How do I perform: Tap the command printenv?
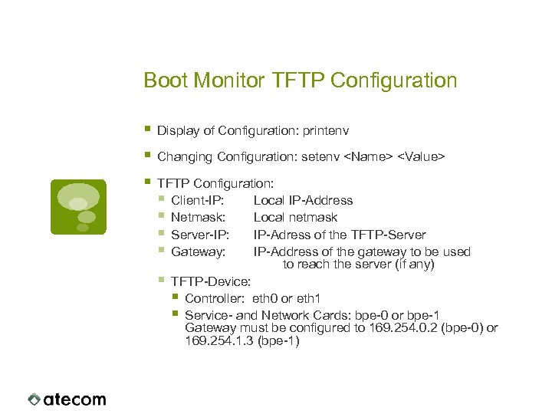pos(327,132)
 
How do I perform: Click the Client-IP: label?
pos(198,201)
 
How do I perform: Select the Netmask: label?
pos(197,218)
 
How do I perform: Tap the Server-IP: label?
pos(199,235)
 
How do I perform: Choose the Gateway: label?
pos(198,251)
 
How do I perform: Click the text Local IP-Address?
pos(303,201)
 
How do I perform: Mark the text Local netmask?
pos(295,218)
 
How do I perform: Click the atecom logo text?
pos(74,399)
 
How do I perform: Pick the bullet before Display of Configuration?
pos(148,131)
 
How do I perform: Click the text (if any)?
pos(414,264)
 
